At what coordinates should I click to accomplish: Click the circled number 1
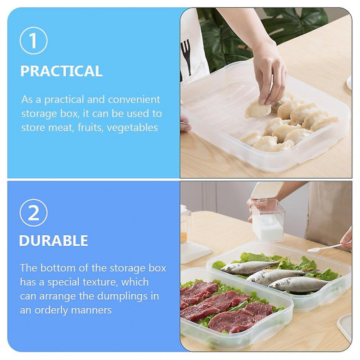click(x=34, y=41)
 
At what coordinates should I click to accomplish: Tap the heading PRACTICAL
click(x=61, y=71)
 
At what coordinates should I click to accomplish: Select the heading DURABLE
click(x=54, y=241)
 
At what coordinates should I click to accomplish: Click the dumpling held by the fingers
click(x=258, y=109)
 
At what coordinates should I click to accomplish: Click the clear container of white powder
click(x=268, y=220)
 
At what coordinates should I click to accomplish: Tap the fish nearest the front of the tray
click(x=298, y=284)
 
